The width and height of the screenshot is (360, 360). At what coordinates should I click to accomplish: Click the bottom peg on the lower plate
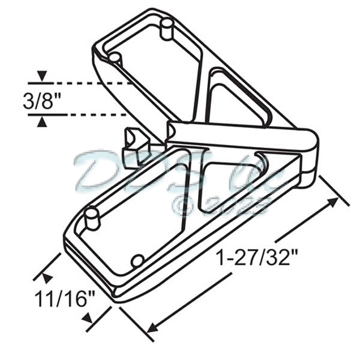click(137, 261)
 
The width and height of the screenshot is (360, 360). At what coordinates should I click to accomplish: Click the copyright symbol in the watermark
click(182, 206)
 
